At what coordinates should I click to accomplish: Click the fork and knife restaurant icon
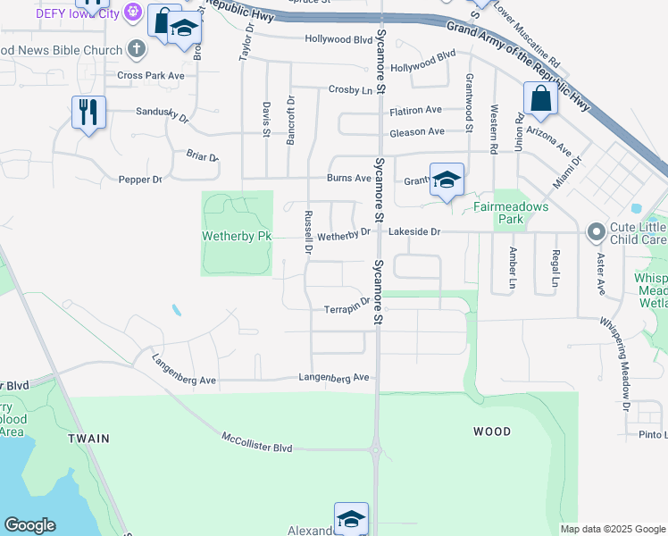[x=88, y=113]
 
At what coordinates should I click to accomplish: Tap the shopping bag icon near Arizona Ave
[x=541, y=98]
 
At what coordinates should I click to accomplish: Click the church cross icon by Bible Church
[x=136, y=49]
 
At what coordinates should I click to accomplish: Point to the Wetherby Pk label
[x=237, y=236]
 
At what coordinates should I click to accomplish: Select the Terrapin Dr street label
[x=347, y=306]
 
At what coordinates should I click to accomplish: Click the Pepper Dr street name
[x=140, y=180]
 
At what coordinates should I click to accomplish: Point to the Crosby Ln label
[x=350, y=89]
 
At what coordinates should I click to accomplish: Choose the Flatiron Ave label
[x=415, y=110]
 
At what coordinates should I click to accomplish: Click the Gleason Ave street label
[x=416, y=131]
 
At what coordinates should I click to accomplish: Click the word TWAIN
[x=88, y=439]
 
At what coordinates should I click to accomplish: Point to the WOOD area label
[x=491, y=431]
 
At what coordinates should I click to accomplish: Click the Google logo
[x=30, y=524]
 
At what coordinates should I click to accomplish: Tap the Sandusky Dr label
[x=163, y=114]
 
